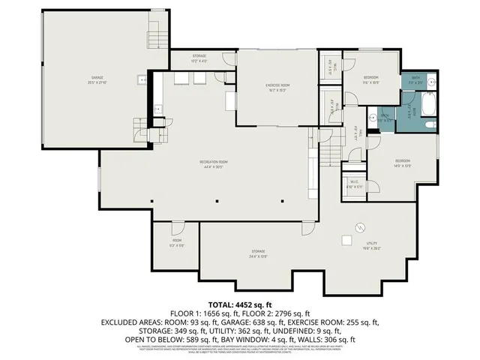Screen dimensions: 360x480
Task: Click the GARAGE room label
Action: tap(97, 79)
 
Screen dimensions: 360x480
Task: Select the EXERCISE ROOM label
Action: tap(277, 86)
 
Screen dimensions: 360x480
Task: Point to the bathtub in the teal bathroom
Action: tap(428, 106)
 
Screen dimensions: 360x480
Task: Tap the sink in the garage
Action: tap(141, 80)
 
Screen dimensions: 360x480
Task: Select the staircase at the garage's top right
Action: tap(156, 32)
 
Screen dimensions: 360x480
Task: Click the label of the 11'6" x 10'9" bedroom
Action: tap(371, 79)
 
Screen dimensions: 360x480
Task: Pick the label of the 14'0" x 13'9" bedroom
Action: tap(403, 163)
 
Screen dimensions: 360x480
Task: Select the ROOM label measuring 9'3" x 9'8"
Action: tap(177, 242)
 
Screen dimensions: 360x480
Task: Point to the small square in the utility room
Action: tap(347, 240)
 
